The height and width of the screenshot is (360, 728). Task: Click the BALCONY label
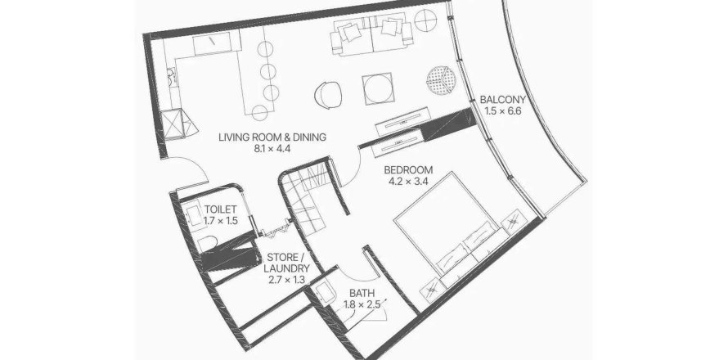[503, 99]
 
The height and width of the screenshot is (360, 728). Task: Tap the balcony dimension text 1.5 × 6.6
[503, 111]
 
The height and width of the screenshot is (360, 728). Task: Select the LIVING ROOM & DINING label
[272, 137]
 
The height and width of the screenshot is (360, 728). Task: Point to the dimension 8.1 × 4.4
[272, 149]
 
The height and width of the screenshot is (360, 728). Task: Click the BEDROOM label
[408, 169]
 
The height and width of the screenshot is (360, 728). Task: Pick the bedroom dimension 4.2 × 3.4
[408, 182]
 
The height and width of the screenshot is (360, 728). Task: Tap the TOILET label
[221, 209]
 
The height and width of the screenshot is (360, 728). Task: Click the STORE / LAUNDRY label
[286, 263]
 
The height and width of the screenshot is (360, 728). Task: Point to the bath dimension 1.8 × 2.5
[362, 305]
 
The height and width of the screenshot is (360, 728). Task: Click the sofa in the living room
[371, 35]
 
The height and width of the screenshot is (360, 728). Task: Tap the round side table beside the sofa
[425, 21]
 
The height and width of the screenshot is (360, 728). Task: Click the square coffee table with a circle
[380, 88]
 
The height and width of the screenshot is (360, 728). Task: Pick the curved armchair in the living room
[329, 95]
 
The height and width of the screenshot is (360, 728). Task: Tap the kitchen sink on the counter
[171, 78]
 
